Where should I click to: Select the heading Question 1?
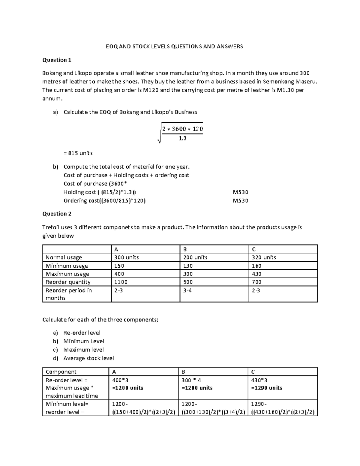[57, 60]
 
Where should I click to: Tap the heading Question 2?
[57, 214]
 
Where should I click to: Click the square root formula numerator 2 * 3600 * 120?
[182, 129]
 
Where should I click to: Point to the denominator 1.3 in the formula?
[182, 138]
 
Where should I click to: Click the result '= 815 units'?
[78, 153]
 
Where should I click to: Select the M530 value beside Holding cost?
[240, 192]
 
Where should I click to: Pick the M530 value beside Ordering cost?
[240, 201]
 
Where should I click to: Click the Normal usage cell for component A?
[126, 257]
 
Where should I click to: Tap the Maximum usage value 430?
[256, 274]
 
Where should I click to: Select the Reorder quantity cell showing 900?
[188, 282]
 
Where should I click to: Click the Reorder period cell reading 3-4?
[187, 290]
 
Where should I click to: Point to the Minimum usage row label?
[67, 266]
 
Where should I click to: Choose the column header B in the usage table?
[185, 249]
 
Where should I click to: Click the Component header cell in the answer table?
[61, 372]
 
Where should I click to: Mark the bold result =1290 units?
[267, 388]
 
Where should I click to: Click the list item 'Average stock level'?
[88, 358]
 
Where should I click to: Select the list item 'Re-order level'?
[82, 333]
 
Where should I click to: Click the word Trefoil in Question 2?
[51, 227]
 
